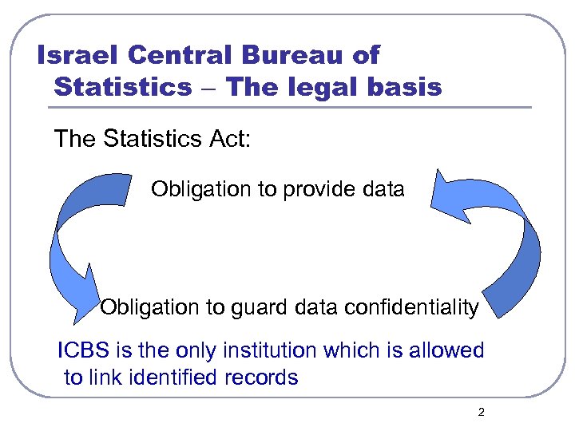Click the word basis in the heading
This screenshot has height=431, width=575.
(408, 86)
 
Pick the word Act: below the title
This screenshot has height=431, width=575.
(231, 139)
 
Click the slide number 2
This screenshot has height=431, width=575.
(480, 413)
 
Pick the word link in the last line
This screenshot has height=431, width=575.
(107, 378)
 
